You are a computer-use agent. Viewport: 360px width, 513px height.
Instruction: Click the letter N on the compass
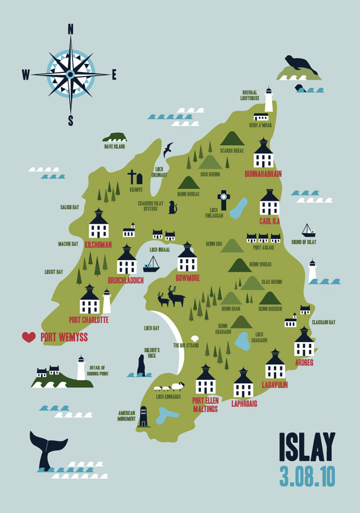(71, 29)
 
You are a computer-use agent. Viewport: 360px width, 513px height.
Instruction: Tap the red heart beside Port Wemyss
(29, 337)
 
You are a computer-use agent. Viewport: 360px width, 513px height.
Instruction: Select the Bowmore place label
(187, 278)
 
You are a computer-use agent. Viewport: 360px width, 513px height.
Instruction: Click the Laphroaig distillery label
(244, 404)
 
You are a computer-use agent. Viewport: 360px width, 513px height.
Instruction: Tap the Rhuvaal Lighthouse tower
(269, 100)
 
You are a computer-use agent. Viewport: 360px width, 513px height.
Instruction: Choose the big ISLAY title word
(307, 448)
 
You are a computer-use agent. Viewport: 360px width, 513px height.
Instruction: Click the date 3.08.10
(307, 476)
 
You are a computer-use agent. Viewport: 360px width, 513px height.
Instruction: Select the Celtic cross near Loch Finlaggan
(223, 200)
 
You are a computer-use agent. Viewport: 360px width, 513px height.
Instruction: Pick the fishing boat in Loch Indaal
(151, 264)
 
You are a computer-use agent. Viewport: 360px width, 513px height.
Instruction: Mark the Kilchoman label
(99, 245)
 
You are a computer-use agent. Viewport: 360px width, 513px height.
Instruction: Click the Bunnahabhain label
(263, 174)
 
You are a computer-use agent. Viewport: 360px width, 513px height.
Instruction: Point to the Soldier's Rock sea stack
(141, 365)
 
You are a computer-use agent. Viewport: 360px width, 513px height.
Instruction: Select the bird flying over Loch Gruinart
(168, 149)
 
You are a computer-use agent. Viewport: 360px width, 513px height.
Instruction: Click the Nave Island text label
(115, 147)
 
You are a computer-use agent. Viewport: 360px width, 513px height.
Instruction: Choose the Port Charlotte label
(89, 320)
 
